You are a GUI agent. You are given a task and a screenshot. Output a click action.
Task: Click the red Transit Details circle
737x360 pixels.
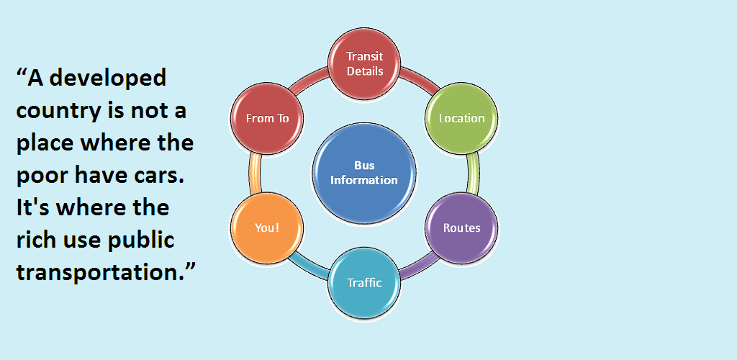pos(364,63)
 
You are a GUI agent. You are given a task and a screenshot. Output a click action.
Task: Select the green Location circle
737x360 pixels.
pos(461,118)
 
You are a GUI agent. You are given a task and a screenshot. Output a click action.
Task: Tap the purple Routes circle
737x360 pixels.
pos(461,228)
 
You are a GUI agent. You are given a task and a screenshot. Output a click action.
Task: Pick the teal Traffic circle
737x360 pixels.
pos(364,282)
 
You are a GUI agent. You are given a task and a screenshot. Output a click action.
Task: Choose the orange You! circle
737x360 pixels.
pos(267,228)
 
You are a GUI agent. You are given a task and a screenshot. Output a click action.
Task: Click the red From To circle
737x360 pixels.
pos(267,118)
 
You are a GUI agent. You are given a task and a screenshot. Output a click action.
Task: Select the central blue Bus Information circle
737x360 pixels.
pos(364,173)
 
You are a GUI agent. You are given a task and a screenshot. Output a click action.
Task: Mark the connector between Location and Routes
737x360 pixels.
pos(473,174)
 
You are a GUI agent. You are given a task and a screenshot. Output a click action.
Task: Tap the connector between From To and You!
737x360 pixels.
pos(255,174)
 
